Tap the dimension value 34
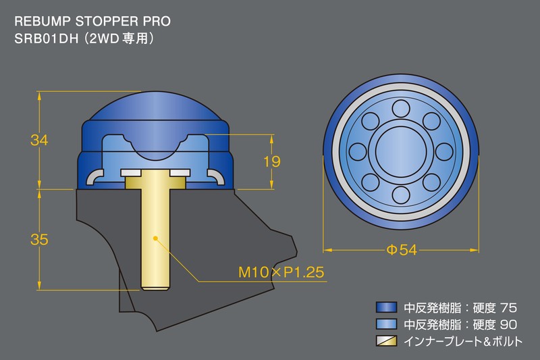40,140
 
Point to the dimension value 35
40,239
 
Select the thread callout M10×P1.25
282,272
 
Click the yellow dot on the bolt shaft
155,238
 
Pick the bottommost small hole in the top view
401,195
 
